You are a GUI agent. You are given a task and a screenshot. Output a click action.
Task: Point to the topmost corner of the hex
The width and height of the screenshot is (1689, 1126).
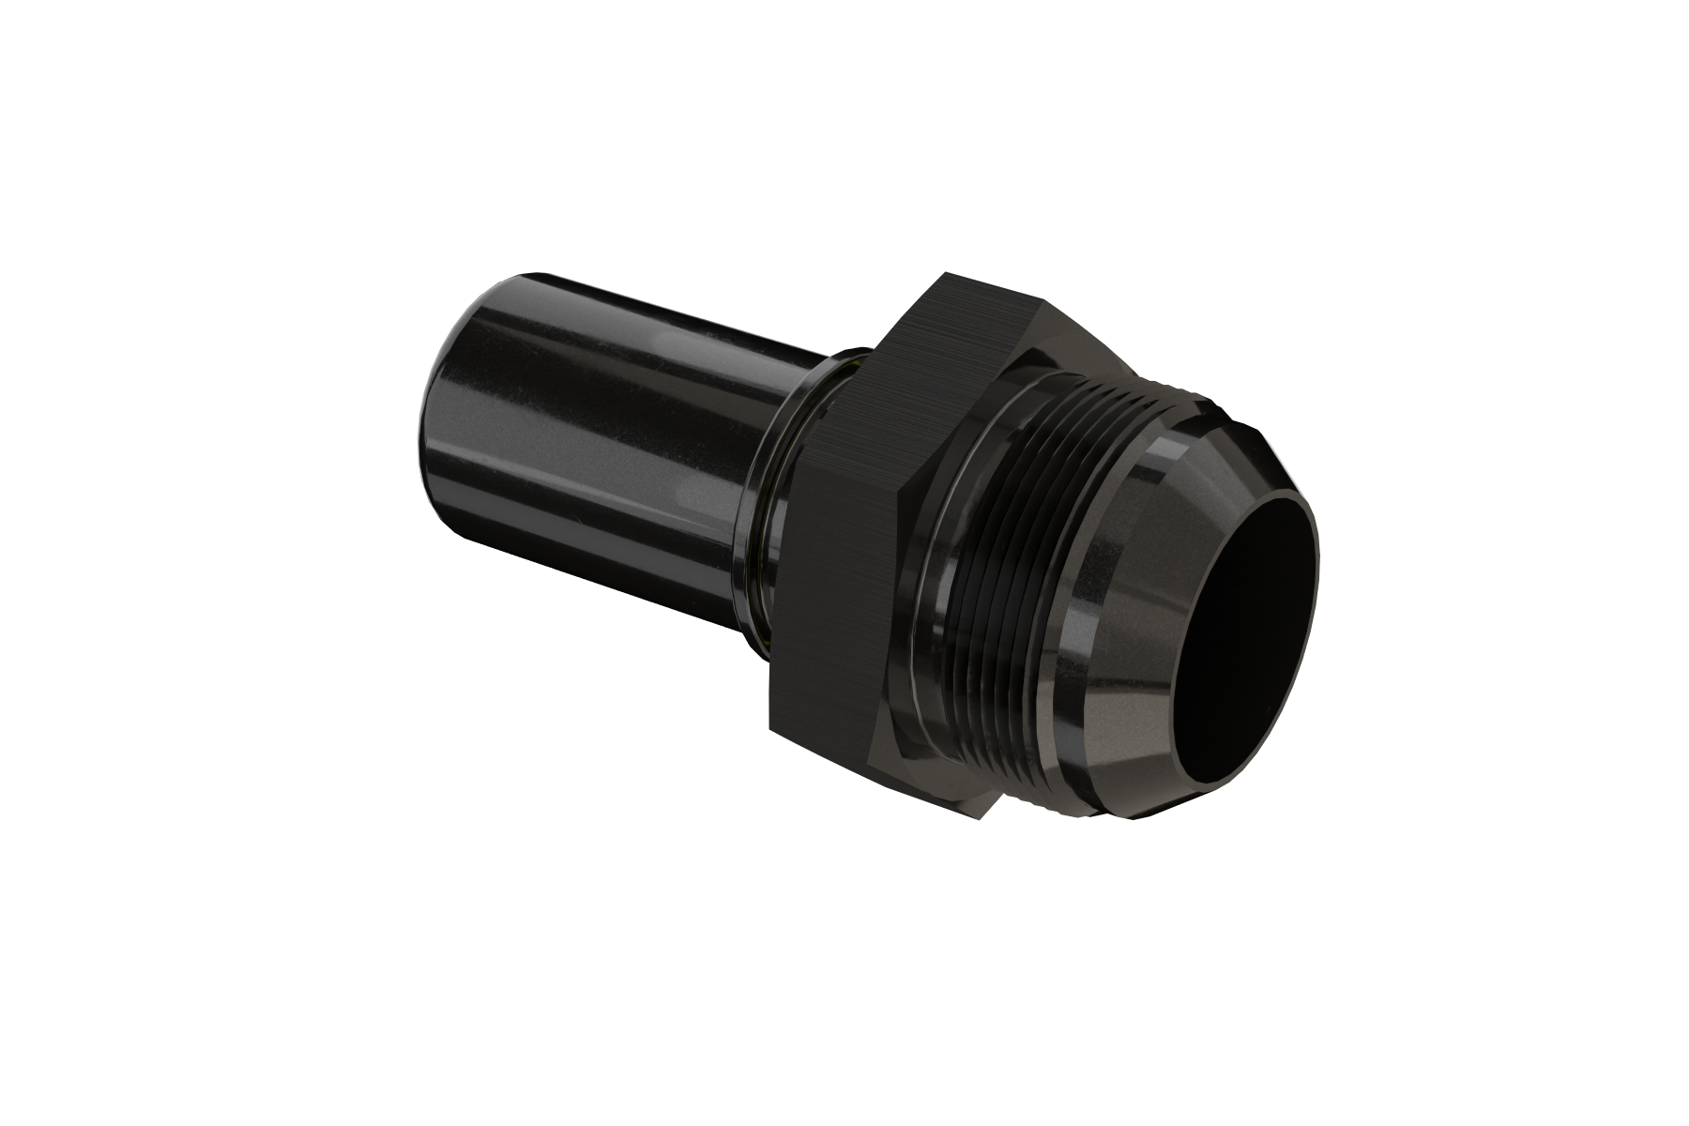pyautogui.click(x=948, y=273)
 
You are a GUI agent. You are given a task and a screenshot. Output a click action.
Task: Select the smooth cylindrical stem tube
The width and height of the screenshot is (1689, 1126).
pyautogui.click(x=610, y=450)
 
